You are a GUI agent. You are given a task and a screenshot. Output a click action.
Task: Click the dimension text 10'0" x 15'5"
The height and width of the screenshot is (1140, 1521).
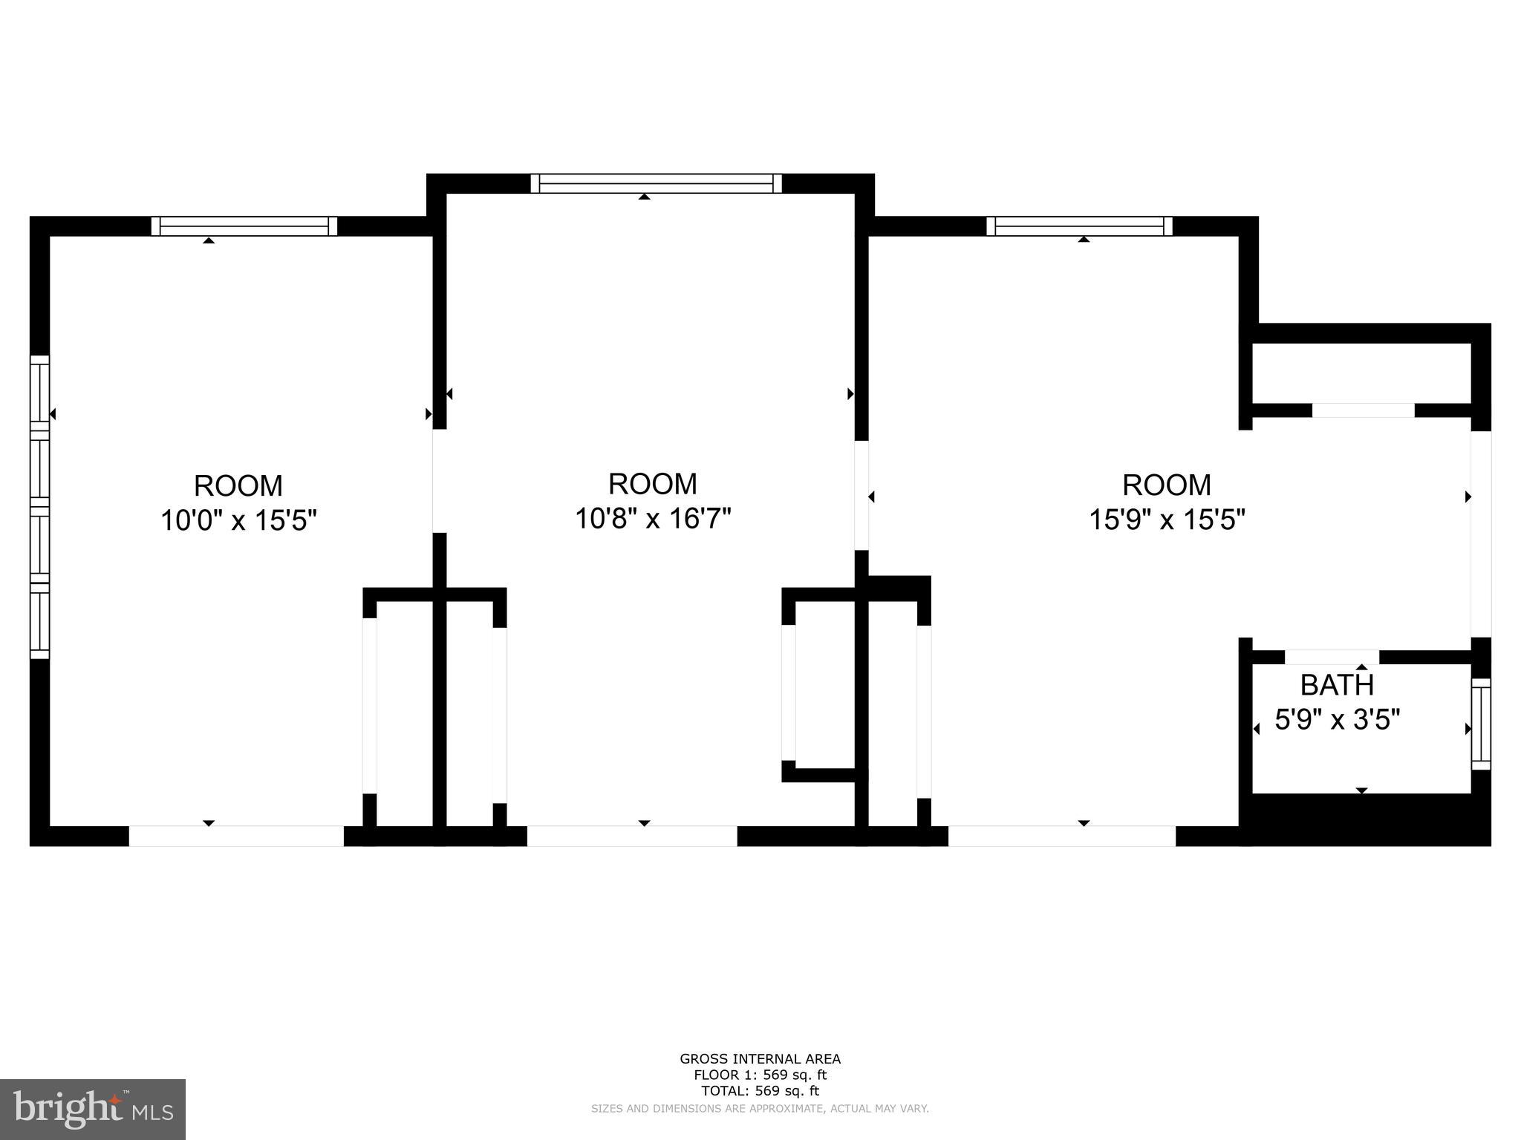239,520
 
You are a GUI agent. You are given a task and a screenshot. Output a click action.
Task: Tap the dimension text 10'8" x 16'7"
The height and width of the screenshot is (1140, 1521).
654,518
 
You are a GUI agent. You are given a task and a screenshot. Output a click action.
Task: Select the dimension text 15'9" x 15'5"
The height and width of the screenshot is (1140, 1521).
1167,519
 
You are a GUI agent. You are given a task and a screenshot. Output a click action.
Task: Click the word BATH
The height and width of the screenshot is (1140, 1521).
1338,684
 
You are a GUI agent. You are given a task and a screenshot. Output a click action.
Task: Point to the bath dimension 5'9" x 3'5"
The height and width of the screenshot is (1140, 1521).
1338,719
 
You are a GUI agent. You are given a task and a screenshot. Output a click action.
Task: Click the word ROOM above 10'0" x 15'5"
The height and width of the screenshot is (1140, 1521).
238,486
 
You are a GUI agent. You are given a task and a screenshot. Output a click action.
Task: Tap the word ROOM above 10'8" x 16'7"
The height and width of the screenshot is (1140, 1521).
653,484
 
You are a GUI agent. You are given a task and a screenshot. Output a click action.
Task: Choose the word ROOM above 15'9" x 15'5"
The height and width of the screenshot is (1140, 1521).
1167,485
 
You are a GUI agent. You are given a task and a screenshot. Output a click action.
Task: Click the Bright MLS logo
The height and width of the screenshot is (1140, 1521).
93,1110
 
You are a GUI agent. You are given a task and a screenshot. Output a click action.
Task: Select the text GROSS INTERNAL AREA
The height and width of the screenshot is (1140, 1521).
760,1059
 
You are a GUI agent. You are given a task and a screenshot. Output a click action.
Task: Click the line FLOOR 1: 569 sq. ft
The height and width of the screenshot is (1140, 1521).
760,1075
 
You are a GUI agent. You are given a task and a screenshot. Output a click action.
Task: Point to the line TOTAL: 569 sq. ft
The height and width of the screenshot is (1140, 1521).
760,1090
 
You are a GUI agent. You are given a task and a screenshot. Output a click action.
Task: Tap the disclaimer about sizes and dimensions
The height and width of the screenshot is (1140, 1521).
760,1108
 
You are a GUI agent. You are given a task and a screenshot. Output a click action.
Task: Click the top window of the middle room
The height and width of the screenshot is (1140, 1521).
657,183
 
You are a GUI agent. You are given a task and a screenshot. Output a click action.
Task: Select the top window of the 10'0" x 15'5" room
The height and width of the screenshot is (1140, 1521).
244,226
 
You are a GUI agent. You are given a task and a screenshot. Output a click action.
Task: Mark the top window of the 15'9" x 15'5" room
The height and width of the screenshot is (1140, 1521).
1080,226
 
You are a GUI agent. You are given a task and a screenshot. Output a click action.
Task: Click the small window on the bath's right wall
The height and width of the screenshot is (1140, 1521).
1481,724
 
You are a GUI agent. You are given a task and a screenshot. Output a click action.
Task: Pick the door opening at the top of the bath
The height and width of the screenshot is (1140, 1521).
1332,657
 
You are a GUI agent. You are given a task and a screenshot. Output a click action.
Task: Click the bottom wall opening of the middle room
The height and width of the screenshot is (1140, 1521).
632,836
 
